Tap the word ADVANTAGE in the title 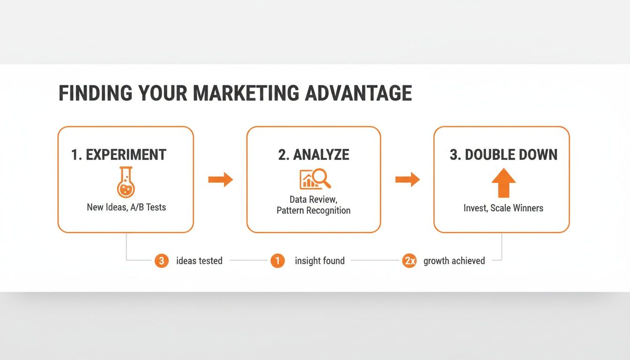pyautogui.click(x=359, y=93)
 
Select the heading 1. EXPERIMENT pyautogui.click(x=119, y=155)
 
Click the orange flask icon pyautogui.click(x=126, y=182)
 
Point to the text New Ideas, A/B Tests pyautogui.click(x=126, y=207)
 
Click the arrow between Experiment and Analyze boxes pyautogui.click(x=220, y=179)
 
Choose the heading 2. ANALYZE pyautogui.click(x=314, y=155)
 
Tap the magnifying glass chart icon pyautogui.click(x=315, y=179)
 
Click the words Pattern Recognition pyautogui.click(x=313, y=210)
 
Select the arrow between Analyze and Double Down pyautogui.click(x=407, y=179)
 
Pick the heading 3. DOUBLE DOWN pyautogui.click(x=503, y=155)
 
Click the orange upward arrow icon pyautogui.click(x=504, y=183)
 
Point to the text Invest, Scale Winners pyautogui.click(x=503, y=208)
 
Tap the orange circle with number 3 pyautogui.click(x=161, y=261)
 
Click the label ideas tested pyautogui.click(x=199, y=261)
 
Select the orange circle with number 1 pyautogui.click(x=277, y=261)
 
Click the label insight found pyautogui.click(x=320, y=261)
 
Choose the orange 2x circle pyautogui.click(x=409, y=261)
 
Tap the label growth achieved pyautogui.click(x=454, y=261)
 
